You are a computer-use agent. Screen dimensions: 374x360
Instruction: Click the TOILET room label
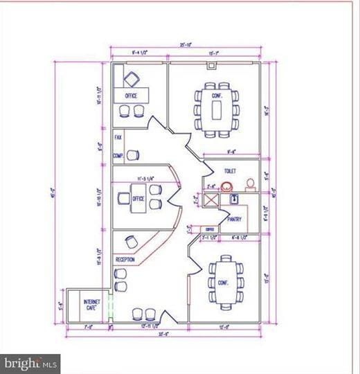coord(230,170)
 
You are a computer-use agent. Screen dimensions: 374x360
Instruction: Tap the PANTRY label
coord(234,219)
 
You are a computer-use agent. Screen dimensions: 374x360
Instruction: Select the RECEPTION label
coord(125,260)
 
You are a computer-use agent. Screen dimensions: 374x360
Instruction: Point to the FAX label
coord(118,139)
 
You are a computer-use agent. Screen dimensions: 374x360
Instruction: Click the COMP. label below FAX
coord(118,157)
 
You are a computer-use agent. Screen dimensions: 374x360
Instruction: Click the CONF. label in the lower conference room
coord(223,283)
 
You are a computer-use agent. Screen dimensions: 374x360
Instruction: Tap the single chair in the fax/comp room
coord(132,155)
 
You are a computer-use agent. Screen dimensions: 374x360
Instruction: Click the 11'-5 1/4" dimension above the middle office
coord(144,179)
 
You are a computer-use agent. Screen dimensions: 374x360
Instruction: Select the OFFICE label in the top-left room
coord(131,96)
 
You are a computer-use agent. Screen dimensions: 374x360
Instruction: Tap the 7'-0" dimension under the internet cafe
coord(88,327)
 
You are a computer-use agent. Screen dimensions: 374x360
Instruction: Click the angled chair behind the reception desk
coord(132,242)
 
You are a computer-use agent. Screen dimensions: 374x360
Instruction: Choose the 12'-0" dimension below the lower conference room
coord(225,327)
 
